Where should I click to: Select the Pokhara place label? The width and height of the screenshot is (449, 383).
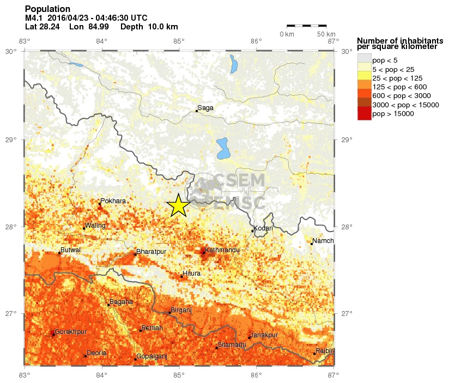113,201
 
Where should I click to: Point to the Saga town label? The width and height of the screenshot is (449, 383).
205,108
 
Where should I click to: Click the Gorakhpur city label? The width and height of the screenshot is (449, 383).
71,331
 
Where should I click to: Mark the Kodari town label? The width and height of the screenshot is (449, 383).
263,228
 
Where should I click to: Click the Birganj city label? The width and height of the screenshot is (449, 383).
181,309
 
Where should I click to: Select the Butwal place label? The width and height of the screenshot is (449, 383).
71,250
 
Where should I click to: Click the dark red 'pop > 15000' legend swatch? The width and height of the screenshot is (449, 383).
364,114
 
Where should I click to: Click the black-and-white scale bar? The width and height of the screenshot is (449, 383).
306,25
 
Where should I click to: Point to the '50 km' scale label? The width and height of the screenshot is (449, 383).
326,34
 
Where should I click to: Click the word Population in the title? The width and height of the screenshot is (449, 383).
47,9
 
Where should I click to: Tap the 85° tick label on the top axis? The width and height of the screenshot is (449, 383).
179,41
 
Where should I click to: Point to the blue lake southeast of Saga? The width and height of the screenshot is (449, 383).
222,148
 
